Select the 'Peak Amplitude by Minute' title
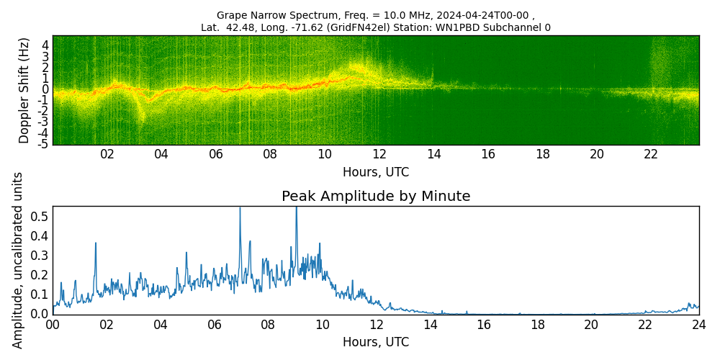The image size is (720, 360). (376, 197)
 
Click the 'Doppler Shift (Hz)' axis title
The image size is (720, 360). (24, 90)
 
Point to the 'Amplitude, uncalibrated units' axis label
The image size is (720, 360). (18, 260)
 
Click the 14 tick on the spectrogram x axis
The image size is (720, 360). (433, 154)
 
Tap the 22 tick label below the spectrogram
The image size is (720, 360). (651, 154)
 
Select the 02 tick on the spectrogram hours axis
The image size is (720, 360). (107, 154)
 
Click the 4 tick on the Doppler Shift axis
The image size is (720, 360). (45, 45)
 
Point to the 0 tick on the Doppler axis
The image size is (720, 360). (45, 89)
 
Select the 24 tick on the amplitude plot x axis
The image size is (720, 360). (698, 324)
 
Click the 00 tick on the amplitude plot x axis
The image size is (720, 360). (53, 324)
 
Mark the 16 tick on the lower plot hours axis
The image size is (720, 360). (483, 324)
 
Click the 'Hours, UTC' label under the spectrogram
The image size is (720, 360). (376, 172)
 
